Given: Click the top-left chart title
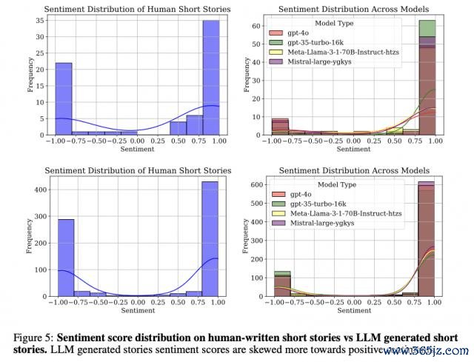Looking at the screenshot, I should tap(137, 9).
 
